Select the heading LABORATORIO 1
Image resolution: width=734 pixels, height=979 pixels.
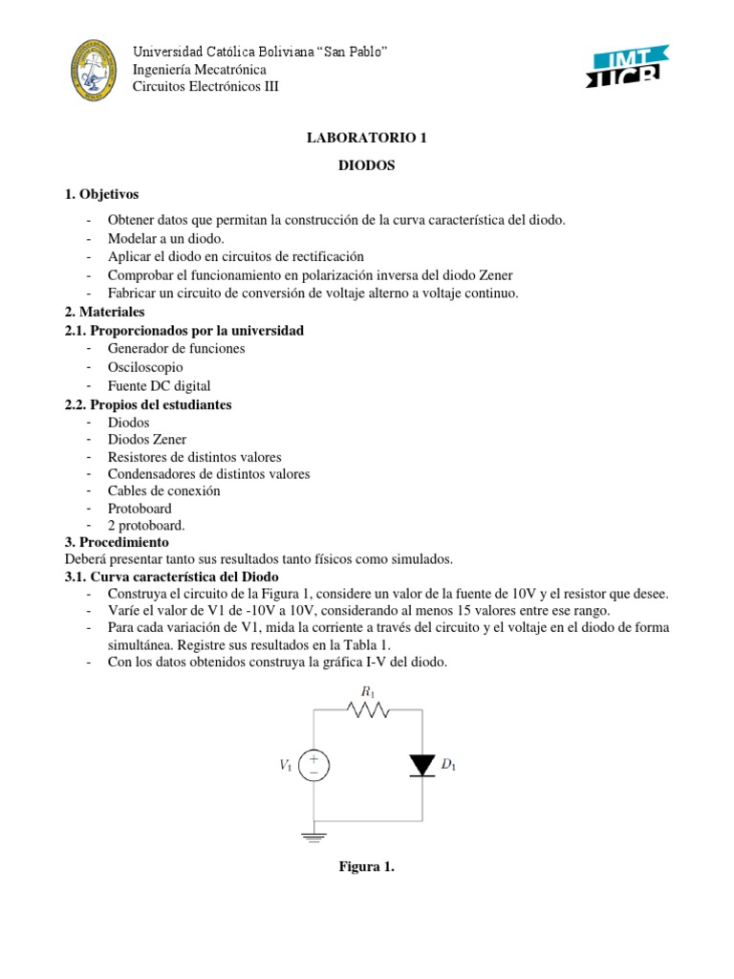coord(366,139)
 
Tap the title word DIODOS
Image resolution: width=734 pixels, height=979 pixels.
coord(366,165)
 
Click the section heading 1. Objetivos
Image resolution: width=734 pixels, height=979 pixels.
coord(101,193)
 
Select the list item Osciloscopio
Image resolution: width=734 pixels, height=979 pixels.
coord(145,367)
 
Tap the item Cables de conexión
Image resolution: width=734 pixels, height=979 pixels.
coord(163,491)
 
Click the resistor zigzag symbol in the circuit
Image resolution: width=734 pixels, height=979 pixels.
coord(368,710)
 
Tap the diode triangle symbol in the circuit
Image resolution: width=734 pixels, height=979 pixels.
coord(421,765)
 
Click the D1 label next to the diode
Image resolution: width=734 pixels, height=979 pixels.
coord(448,766)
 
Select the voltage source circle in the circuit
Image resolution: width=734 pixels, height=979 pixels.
coord(314,765)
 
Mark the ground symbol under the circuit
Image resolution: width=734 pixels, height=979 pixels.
coord(314,837)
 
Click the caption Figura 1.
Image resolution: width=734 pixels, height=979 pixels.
coord(366,867)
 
